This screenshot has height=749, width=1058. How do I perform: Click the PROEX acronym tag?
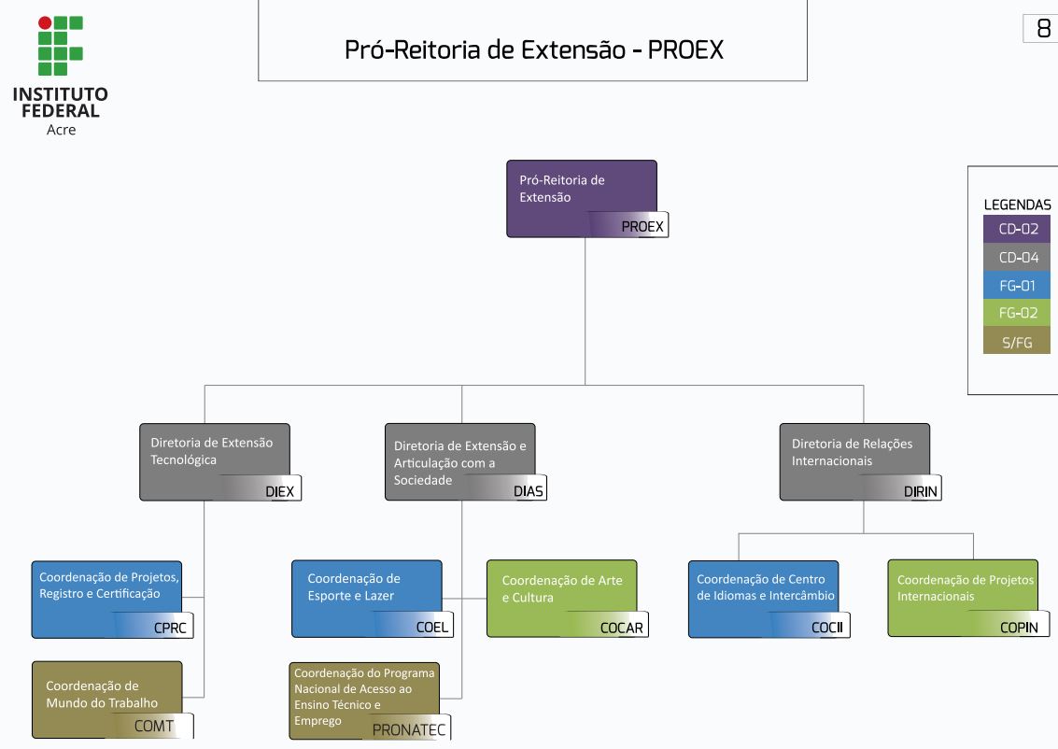tap(642, 226)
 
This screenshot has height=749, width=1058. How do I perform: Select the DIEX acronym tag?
tap(279, 491)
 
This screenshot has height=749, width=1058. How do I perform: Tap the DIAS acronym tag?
tap(528, 491)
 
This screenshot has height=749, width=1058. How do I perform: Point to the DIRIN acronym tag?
tap(921, 491)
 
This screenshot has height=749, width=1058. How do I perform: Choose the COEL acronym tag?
tap(432, 628)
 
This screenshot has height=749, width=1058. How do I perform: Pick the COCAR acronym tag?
tap(621, 628)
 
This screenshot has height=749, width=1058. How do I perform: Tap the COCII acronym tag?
tap(826, 628)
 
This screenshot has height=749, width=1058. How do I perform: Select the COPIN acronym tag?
tap(1019, 628)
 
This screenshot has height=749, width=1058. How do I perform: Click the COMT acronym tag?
tap(154, 726)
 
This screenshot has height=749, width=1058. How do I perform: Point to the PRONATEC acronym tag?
tap(409, 729)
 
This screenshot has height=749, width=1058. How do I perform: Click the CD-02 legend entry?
tap(1017, 229)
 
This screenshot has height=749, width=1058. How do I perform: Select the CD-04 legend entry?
tap(1017, 258)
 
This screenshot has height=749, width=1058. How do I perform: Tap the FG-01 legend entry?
tap(1017, 286)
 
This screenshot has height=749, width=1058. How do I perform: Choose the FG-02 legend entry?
tap(1017, 314)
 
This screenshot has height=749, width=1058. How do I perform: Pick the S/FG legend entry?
tap(1017, 342)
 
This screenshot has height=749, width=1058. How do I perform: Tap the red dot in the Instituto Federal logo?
tap(45, 22)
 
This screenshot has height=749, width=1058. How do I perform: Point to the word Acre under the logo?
tap(61, 130)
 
